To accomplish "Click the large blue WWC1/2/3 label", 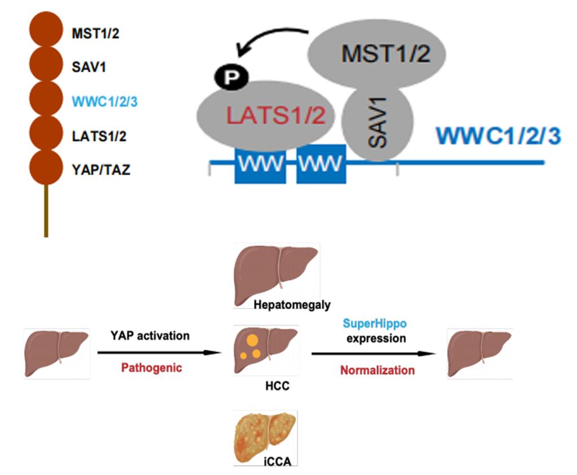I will (498, 136).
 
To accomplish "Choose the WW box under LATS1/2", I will (260, 163).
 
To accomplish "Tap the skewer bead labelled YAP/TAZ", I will (46, 167).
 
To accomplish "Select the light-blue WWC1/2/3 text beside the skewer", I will (105, 102).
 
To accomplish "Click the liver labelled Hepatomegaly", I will (276, 270).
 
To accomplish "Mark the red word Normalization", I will (377, 370).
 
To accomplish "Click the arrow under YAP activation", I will (158, 353).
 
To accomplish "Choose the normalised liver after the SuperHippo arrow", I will (479, 352).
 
